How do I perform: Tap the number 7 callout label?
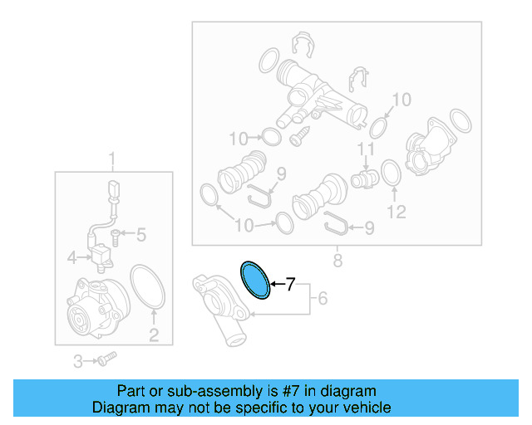[290, 286]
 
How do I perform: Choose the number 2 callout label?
[154, 335]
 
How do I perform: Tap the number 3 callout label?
[78, 361]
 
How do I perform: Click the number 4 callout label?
[73, 258]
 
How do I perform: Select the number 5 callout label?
[140, 236]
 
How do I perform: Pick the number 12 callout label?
[396, 212]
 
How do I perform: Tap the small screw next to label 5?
[117, 237]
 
